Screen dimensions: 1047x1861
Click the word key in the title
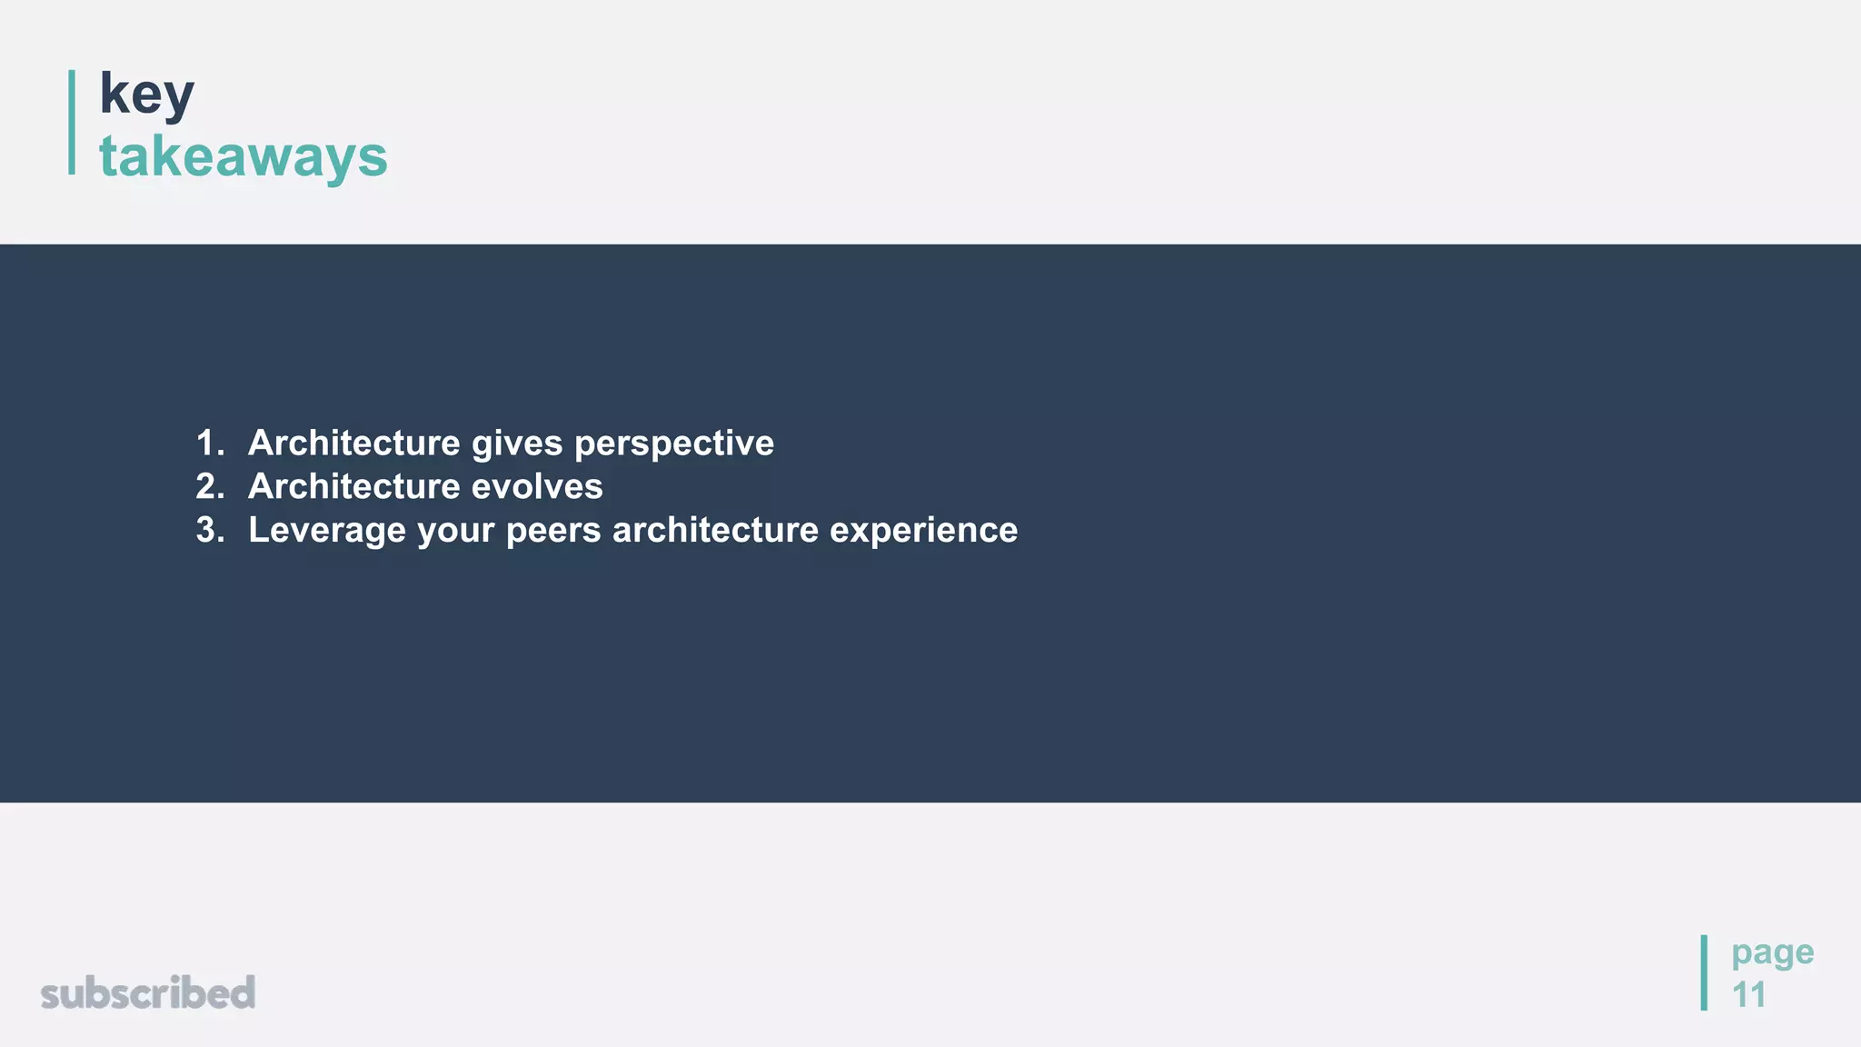coord(146,94)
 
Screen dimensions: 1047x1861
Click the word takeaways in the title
coord(243,156)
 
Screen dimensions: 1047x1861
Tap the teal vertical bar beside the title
coord(72,122)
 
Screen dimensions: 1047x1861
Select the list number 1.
coord(209,444)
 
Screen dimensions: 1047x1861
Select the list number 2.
coord(209,487)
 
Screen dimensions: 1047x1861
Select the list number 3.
coord(209,531)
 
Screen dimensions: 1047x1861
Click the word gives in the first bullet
coord(517,444)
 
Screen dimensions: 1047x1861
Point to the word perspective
coord(674,444)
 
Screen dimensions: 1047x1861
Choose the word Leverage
coord(327,531)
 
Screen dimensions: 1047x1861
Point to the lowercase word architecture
coord(715,531)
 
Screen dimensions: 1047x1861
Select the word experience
coord(923,531)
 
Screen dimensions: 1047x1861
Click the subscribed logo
coord(148,992)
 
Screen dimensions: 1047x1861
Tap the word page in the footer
coord(1772,952)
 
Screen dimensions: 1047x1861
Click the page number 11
coord(1748,995)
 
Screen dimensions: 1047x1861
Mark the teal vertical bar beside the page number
coord(1704,972)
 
